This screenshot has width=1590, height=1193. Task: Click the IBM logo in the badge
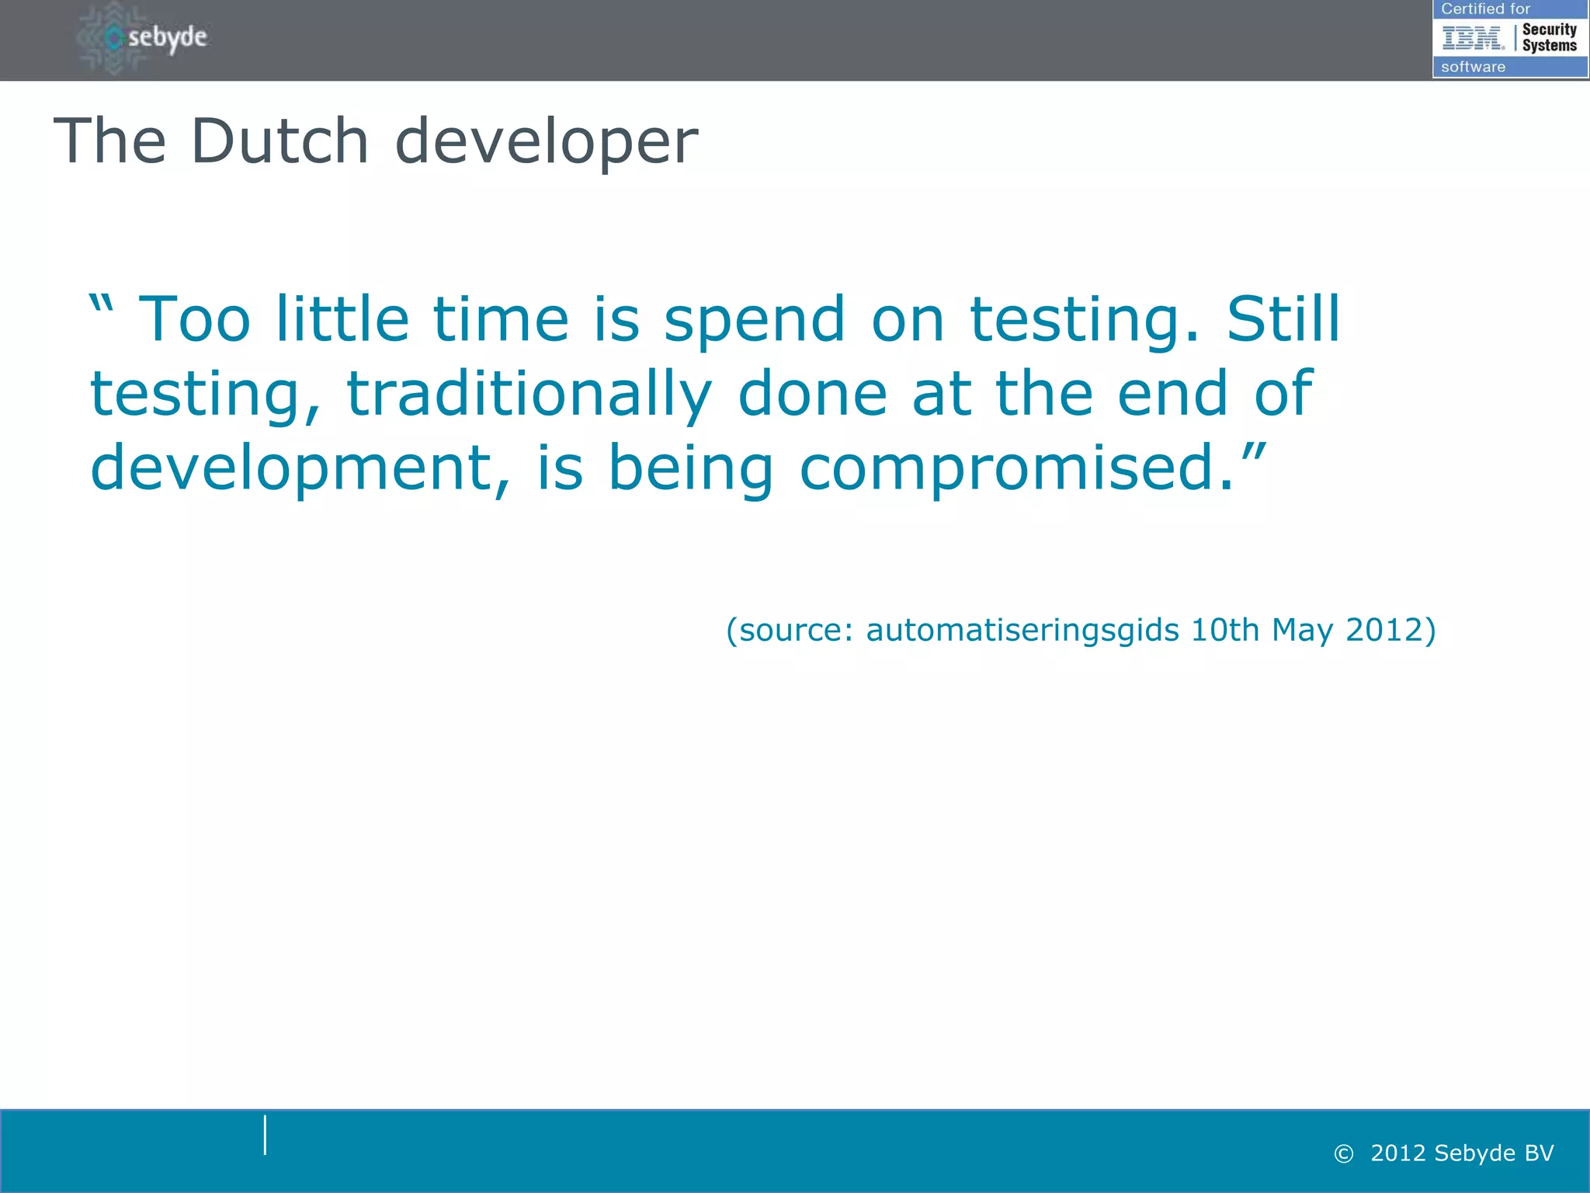pos(1473,37)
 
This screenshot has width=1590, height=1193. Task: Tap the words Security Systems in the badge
pos(1549,37)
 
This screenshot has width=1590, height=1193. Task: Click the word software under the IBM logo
pos(1473,67)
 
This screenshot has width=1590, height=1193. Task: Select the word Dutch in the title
pos(279,141)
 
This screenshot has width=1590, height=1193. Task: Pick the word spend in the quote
pos(754,320)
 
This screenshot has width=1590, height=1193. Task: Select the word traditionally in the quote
pos(529,395)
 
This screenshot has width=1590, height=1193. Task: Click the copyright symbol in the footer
pos(1343,1154)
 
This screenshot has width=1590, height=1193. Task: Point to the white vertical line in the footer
pos(265,1135)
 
